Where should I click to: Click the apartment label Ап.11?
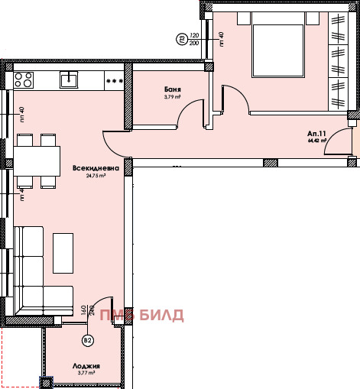pyautogui.click(x=316, y=133)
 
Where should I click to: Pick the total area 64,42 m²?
pyautogui.click(x=317, y=141)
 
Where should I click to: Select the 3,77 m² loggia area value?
pyautogui.click(x=82, y=373)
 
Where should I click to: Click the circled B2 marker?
pyautogui.click(x=88, y=341)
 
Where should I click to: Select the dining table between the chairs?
pyautogui.click(x=37, y=160)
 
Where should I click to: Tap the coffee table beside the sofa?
pyautogui.click(x=63, y=252)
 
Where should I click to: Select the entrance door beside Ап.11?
pyautogui.click(x=337, y=144)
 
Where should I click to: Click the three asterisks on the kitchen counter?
pyautogui.click(x=115, y=79)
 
